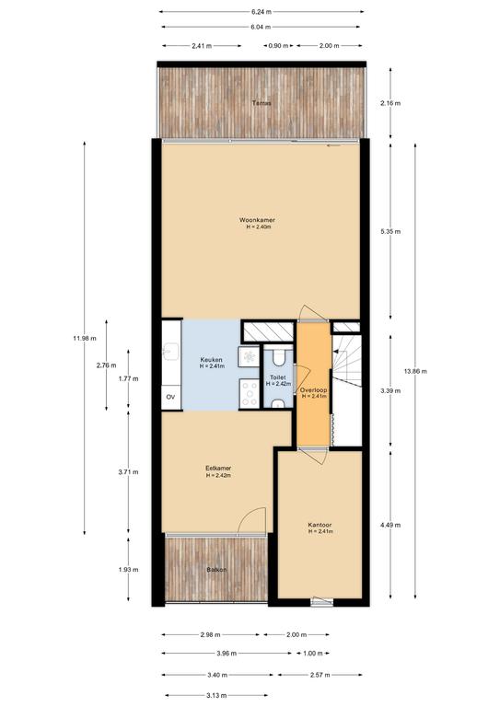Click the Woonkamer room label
257,220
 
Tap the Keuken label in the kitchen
211,360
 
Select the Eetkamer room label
218,468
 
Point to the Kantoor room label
320,525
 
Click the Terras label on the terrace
262,103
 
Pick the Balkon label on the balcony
216,570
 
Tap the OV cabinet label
170,397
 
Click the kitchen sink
172,352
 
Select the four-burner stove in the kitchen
249,394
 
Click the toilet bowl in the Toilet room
278,356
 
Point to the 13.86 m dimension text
414,372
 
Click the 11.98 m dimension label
85,338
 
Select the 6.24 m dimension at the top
261,12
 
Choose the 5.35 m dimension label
390,231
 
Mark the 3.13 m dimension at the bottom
216,695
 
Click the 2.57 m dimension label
320,675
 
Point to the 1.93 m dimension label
129,570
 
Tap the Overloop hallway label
314,390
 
